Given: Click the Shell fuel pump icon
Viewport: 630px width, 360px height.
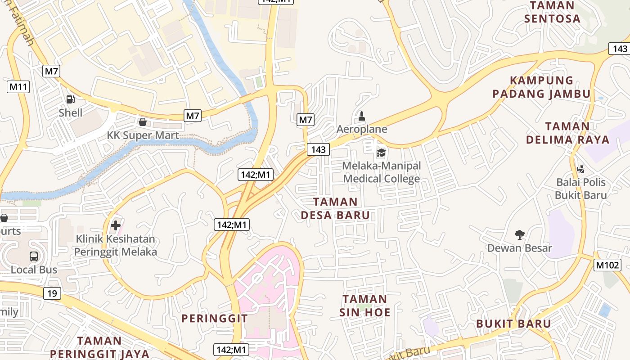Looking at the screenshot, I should click(x=70, y=99).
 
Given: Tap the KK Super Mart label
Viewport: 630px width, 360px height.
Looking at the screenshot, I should click(x=143, y=135).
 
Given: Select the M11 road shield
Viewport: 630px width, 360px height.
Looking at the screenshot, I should click(x=18, y=87).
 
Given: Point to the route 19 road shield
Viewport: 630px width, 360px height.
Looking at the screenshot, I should click(x=52, y=294).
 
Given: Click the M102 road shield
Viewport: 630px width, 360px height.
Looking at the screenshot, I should click(x=607, y=265).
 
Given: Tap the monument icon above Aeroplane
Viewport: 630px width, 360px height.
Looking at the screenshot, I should click(x=361, y=117).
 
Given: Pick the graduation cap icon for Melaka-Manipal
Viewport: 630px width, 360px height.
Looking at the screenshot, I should click(x=381, y=153).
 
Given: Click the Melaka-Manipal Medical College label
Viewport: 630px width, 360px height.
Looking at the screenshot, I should click(x=382, y=172).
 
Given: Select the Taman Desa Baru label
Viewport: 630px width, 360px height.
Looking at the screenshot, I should click(x=335, y=208).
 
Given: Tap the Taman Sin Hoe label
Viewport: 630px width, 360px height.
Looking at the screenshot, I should click(x=365, y=306).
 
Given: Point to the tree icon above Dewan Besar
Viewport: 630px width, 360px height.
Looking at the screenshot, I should click(x=520, y=234).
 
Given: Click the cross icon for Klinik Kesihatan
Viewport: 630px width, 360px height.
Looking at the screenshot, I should click(x=116, y=225).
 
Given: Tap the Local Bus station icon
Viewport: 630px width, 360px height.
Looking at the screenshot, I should click(x=34, y=256).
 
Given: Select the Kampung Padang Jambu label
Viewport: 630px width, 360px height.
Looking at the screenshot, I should click(x=541, y=87).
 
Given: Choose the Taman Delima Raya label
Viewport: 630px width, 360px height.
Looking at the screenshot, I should click(x=568, y=133).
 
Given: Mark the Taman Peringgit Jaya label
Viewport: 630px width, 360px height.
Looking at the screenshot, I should click(x=99, y=347).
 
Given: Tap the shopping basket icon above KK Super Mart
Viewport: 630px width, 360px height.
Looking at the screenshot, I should click(x=143, y=122).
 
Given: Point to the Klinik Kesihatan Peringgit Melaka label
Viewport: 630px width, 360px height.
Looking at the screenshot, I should click(x=116, y=245).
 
